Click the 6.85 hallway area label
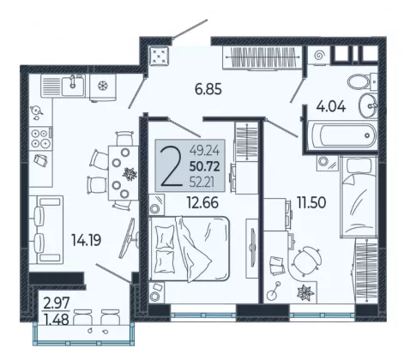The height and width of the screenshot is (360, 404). (x=208, y=89)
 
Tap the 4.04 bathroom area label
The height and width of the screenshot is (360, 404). (x=331, y=106)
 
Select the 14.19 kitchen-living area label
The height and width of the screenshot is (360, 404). (x=86, y=240)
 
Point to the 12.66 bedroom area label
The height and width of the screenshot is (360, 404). (x=202, y=202)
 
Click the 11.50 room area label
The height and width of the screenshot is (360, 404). (x=311, y=203)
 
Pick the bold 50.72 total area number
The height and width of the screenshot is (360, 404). (x=205, y=166)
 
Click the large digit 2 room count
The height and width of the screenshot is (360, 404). (x=172, y=167)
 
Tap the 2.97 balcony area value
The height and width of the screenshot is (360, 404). (x=57, y=303)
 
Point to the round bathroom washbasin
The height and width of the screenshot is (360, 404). (x=368, y=106)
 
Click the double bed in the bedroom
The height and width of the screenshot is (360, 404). (x=190, y=249)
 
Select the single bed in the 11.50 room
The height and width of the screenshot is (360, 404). (x=359, y=196)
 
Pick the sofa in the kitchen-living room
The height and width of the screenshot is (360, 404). (x=46, y=230)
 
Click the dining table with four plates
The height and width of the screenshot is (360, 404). (x=124, y=173)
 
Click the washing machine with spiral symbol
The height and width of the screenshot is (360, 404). (x=319, y=56)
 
